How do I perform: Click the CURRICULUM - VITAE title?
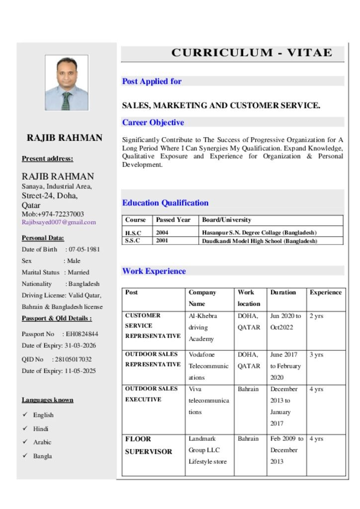pyautogui.click(x=252, y=53)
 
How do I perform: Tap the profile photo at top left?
pyautogui.click(x=67, y=82)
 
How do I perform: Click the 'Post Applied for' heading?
pyautogui.click(x=152, y=82)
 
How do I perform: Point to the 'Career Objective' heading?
pyautogui.click(x=153, y=122)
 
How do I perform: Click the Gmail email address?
pyautogui.click(x=59, y=222)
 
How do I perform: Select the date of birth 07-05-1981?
pyautogui.click(x=84, y=249)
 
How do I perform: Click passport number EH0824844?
pyautogui.click(x=82, y=334)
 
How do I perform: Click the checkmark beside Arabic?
pyautogui.click(x=25, y=442)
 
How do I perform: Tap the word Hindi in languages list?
pyautogui.click(x=41, y=428)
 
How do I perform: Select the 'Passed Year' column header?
pyautogui.click(x=173, y=220)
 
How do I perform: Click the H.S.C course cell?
pyautogui.click(x=133, y=233)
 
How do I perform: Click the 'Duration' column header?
pyautogui.click(x=283, y=292)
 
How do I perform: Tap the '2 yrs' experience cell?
pyautogui.click(x=316, y=316)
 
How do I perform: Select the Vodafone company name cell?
pyautogui.click(x=209, y=366)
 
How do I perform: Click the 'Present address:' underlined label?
pyautogui.click(x=47, y=159)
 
